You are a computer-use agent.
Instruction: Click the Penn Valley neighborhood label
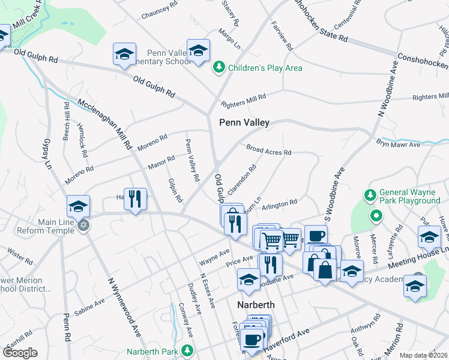pyautogui.click(x=244, y=122)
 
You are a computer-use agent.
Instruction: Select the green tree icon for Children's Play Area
pyautogui.click(x=220, y=68)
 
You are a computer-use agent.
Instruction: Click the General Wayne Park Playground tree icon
pyautogui.click(x=370, y=194)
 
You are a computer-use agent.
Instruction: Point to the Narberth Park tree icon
pyautogui.click(x=188, y=351)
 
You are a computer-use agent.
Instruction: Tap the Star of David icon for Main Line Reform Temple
pyautogui.click(x=84, y=225)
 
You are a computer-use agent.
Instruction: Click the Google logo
pyautogui.click(x=20, y=352)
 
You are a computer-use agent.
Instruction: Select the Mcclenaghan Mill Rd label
pyautogui.click(x=104, y=124)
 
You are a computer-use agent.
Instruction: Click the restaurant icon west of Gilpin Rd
pyautogui.click(x=135, y=199)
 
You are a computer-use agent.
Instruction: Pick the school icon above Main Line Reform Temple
pyautogui.click(x=78, y=206)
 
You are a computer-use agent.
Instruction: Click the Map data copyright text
pyautogui.click(x=423, y=355)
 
